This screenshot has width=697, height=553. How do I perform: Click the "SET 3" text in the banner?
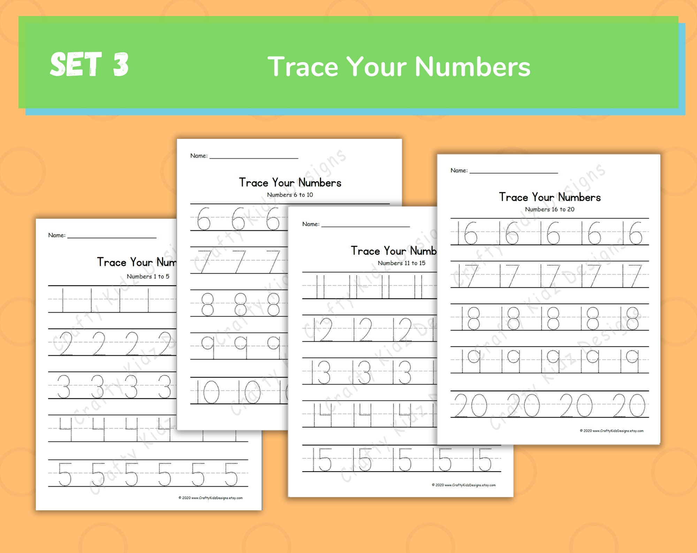(x=89, y=64)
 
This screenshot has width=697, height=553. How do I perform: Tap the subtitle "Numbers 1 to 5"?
(x=148, y=276)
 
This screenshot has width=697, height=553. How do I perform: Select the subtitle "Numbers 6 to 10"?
(x=290, y=195)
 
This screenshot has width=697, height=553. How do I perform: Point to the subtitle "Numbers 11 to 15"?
(x=401, y=263)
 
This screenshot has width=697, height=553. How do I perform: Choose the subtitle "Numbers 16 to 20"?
(x=550, y=209)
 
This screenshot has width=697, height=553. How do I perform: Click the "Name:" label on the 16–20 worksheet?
(x=459, y=170)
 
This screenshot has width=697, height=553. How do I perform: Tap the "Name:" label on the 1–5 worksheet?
(x=57, y=235)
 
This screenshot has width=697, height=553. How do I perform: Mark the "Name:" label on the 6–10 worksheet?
(x=199, y=156)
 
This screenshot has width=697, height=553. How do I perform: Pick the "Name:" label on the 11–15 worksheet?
(x=311, y=224)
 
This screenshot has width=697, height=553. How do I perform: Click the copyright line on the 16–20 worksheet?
(x=612, y=431)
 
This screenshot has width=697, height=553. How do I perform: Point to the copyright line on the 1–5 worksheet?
(x=210, y=498)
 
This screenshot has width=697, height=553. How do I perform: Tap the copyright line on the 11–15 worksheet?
(x=464, y=485)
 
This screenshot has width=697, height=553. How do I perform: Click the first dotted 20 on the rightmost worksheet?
(x=471, y=405)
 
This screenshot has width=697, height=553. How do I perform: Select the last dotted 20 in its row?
(x=629, y=405)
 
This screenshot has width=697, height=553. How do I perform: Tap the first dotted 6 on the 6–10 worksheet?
(x=204, y=219)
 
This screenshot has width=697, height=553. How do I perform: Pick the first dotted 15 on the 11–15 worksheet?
(x=322, y=459)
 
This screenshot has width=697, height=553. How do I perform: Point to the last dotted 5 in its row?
(x=231, y=474)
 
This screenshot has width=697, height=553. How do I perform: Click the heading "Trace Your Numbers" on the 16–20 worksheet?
(x=550, y=197)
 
